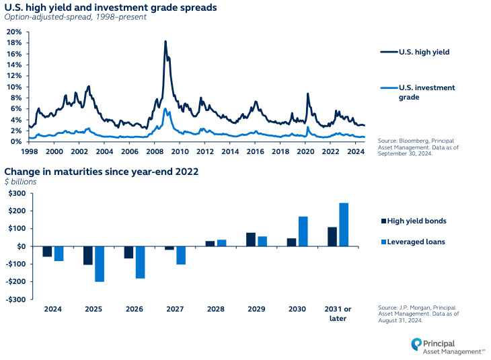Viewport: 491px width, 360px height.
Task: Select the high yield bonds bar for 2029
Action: [251, 240]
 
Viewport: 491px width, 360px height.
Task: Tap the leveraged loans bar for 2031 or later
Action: [344, 225]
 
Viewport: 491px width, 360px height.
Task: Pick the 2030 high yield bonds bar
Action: [291, 242]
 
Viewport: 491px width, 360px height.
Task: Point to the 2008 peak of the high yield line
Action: [165, 42]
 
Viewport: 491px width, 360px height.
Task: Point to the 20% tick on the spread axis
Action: [13, 32]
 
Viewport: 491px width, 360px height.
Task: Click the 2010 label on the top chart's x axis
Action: [155, 152]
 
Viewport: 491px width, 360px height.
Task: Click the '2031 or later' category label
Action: [338, 314]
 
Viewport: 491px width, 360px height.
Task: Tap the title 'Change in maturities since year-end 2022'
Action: [102, 171]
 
